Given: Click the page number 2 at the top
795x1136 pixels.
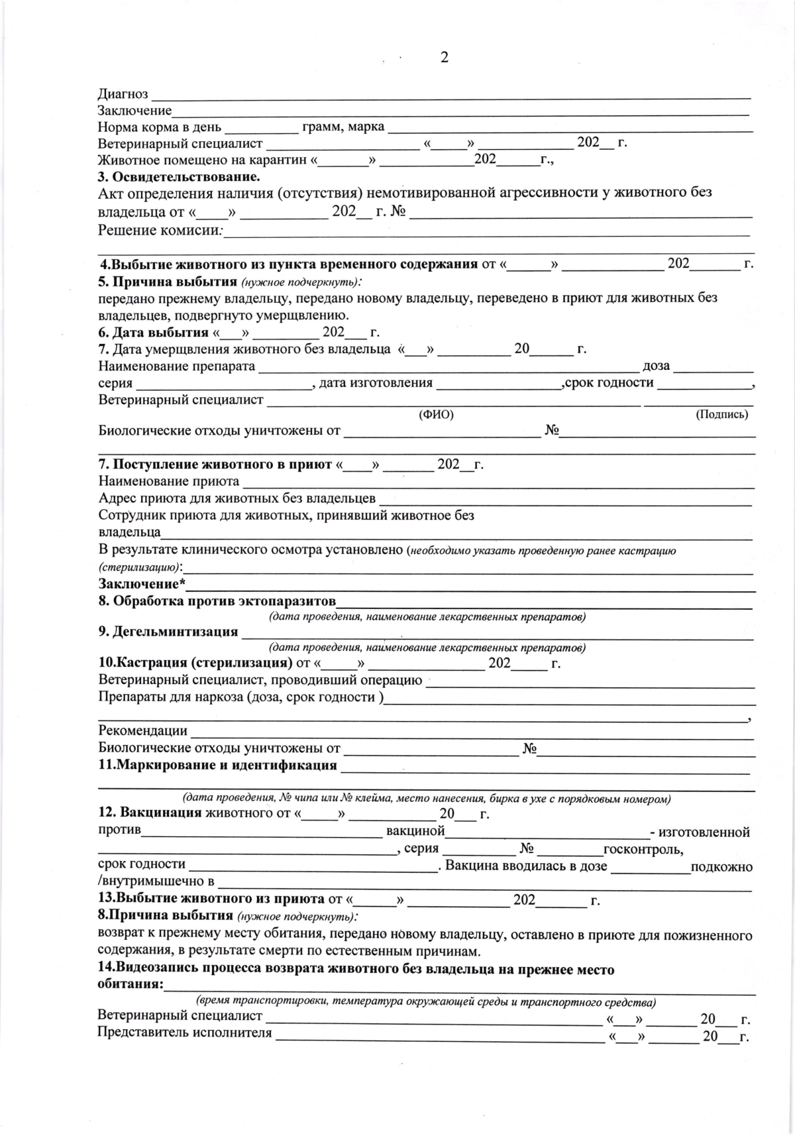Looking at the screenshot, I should (x=444, y=58).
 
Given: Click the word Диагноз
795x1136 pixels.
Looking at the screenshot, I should (x=123, y=94).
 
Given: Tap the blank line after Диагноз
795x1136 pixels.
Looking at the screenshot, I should (x=450, y=97).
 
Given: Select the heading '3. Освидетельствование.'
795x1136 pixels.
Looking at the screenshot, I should (x=178, y=176).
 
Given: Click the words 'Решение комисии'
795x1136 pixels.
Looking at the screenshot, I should (x=160, y=231).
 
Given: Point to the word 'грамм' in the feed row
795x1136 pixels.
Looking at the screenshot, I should (x=321, y=127).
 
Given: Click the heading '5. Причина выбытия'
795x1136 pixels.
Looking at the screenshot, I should (x=168, y=281).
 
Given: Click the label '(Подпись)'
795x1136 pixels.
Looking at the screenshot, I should (x=721, y=414).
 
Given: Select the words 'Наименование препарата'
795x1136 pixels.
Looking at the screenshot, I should (x=177, y=366).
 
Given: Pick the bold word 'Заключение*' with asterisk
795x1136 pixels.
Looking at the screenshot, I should (x=142, y=584).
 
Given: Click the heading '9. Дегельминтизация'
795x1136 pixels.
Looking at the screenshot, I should (x=168, y=632).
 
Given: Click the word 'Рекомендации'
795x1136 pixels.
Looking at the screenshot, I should (x=142, y=731).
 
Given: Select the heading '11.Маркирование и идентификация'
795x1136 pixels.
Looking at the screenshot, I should (x=217, y=766).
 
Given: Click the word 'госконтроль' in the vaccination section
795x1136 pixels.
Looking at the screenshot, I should (x=643, y=850).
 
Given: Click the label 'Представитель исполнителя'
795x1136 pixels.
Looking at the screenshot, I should (x=185, y=1033).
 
